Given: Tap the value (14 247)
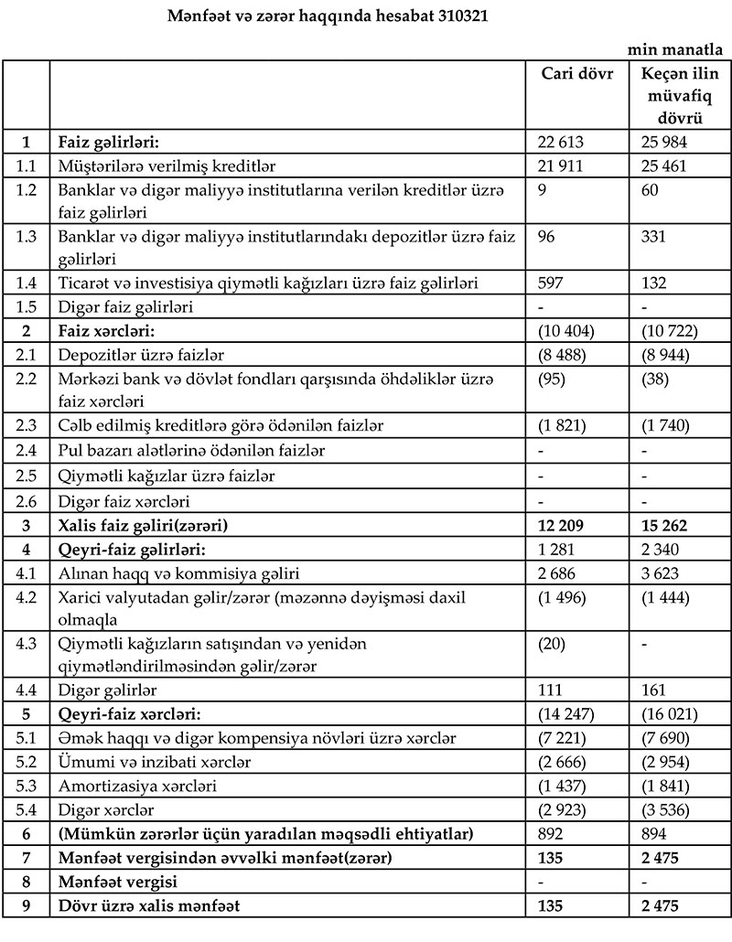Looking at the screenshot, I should coord(568,714).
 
